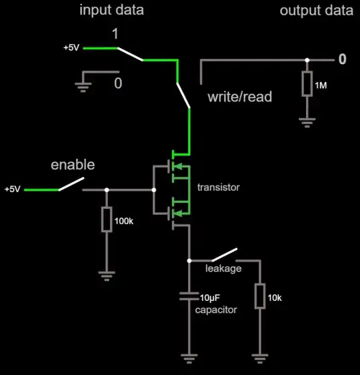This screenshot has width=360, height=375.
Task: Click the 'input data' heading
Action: (x=111, y=11)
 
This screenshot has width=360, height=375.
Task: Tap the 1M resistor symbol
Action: (x=307, y=83)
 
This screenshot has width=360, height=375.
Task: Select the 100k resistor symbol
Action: (x=107, y=220)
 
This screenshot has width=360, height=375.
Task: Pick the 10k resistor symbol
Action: (x=259, y=296)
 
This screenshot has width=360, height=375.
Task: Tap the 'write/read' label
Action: (x=240, y=97)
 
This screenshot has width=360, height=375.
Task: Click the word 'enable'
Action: (x=73, y=165)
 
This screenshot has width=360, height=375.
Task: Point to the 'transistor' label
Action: (x=218, y=187)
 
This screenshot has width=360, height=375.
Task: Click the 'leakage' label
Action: (x=223, y=268)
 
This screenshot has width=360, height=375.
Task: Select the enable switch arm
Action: (x=71, y=184)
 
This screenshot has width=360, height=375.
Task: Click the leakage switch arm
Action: (x=224, y=256)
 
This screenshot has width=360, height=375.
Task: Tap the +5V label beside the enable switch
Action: (x=13, y=190)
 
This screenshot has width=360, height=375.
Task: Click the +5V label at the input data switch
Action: (x=71, y=48)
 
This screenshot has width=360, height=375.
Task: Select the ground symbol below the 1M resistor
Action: (x=307, y=122)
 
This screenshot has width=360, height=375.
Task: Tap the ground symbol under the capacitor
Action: (x=189, y=358)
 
